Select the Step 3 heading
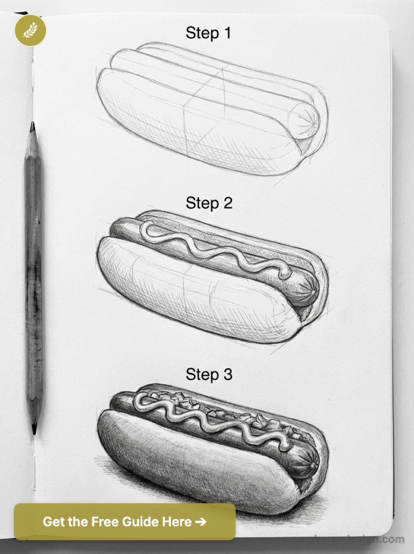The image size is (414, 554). pyautogui.click(x=208, y=374)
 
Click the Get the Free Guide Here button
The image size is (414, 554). pyautogui.click(x=124, y=522)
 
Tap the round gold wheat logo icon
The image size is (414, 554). pyautogui.click(x=30, y=30)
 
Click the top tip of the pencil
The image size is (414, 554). pyautogui.click(x=32, y=125)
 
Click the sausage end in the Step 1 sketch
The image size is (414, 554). pyautogui.click(x=304, y=118)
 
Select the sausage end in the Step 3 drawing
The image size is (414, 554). pyautogui.click(x=307, y=460)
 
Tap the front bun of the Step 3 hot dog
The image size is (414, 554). pyautogui.click(x=189, y=465)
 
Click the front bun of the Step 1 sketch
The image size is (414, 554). pyautogui.click(x=189, y=124)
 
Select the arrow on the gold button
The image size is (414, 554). pyautogui.click(x=200, y=522)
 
